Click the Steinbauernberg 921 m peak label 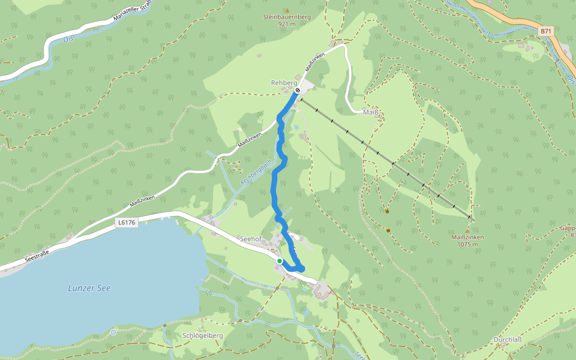point(287,20)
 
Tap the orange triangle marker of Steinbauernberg point(287,10)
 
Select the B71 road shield point(545,30)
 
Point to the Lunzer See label point(89,289)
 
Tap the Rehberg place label point(284,83)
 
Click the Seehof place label point(250,239)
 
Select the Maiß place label point(370,112)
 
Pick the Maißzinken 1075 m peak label point(467,240)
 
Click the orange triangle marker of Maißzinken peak point(467,230)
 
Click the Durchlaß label point(508,340)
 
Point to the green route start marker point(280,261)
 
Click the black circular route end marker point(298,91)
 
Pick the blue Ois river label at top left point(67,39)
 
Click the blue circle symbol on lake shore point(113,332)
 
